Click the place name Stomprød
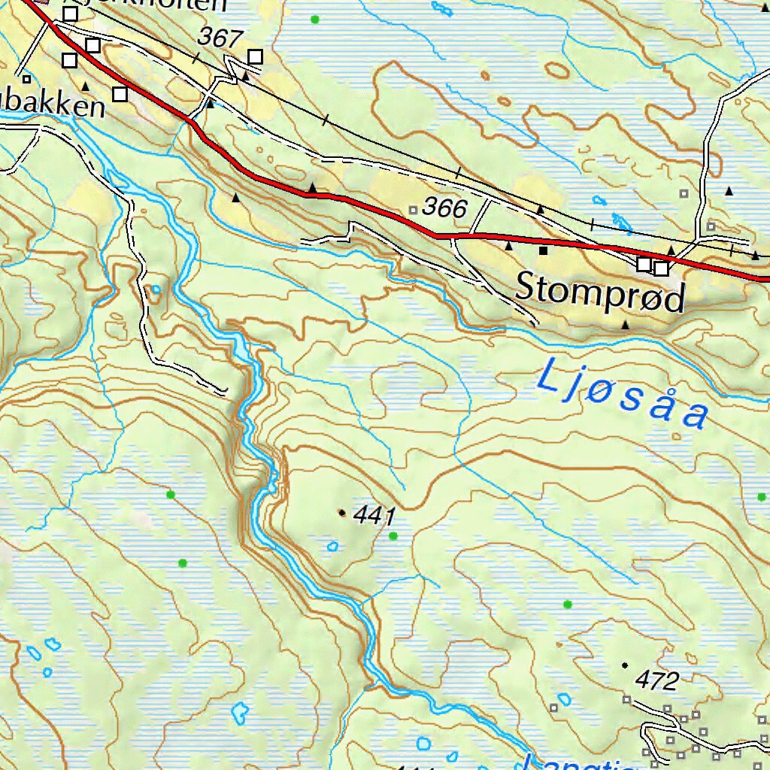point(601,293)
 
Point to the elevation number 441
point(374,516)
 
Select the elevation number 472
point(656,681)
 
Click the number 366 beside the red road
point(445,208)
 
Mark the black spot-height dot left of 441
point(343,513)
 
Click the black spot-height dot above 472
point(624,665)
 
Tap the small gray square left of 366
point(412,208)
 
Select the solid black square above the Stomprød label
point(543,250)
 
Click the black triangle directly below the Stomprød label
point(625,325)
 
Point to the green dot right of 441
point(393,535)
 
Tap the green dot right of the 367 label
point(314,19)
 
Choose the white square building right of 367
point(256,56)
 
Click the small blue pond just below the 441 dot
point(332,546)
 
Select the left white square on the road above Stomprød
point(644,264)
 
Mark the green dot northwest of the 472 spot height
point(567,604)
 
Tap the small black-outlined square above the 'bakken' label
point(26,78)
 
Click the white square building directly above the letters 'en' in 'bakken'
point(120,94)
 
